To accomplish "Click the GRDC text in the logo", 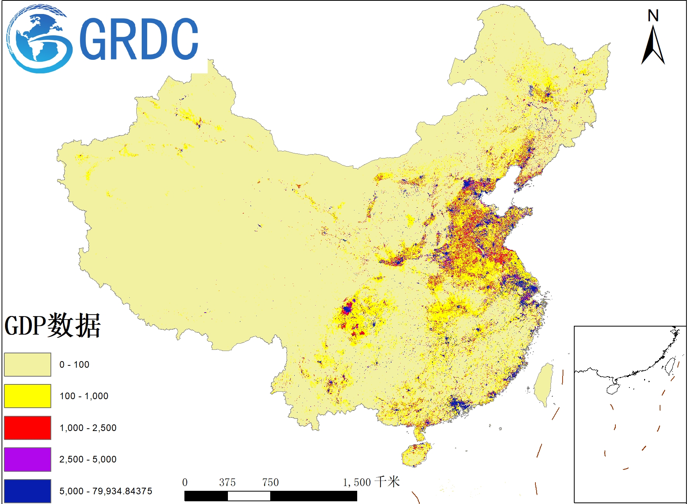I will coord(139,39).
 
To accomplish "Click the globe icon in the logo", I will coord(39,39).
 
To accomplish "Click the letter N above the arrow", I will coord(653,16).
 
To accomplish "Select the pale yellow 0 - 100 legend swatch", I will coord(28,365).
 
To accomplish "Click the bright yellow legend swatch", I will coord(28,396).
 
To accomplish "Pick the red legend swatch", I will coord(28,428).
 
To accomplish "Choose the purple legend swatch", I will coord(28,459).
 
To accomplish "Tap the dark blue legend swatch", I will coord(28,491).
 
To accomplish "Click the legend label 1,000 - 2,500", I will coord(88,428).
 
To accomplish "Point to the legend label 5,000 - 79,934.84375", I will coord(106,491).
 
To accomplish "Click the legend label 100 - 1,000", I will coord(84,396).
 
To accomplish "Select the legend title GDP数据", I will coord(53,325).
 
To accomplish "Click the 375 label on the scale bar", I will coord(227,482).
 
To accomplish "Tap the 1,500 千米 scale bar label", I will coord(371,482).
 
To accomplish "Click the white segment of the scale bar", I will coord(249,496).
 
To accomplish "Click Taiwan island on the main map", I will coord(544,384).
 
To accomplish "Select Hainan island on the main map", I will coord(416,454).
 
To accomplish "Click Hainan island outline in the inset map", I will coord(613,389).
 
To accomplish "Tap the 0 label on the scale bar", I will coord(185,482).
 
